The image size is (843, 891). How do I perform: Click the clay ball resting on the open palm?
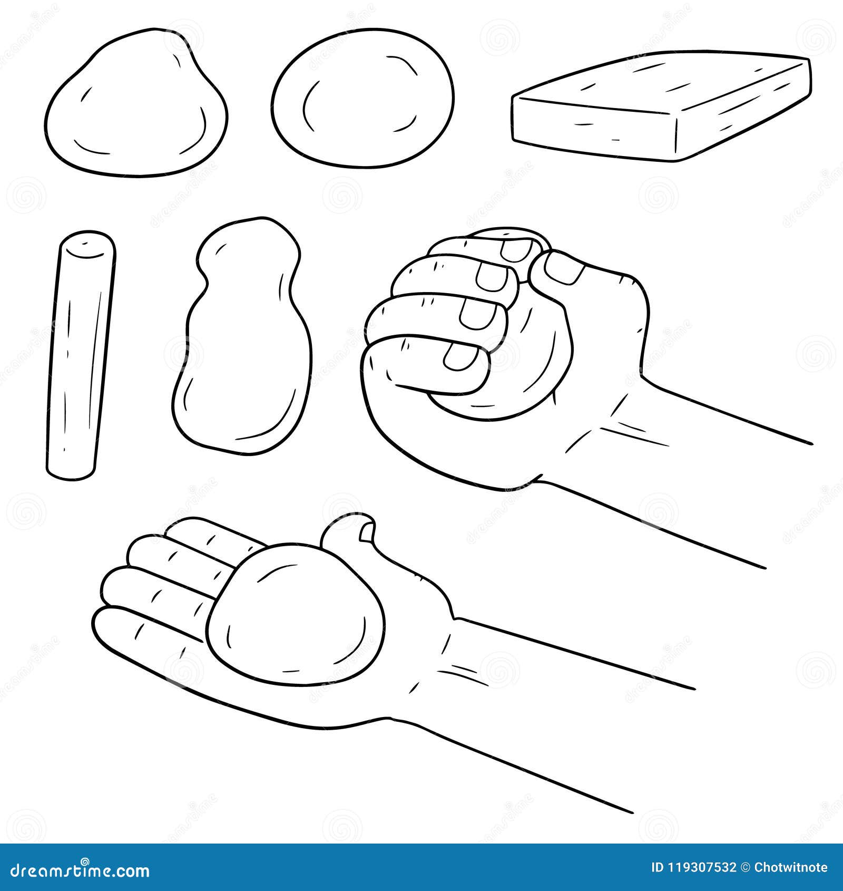(295, 612)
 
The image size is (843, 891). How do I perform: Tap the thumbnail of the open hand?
(366, 534)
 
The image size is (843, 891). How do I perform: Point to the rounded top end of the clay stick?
(87, 244)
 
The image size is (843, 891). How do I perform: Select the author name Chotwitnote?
(790, 867)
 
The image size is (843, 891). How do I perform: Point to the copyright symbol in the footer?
(745, 867)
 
